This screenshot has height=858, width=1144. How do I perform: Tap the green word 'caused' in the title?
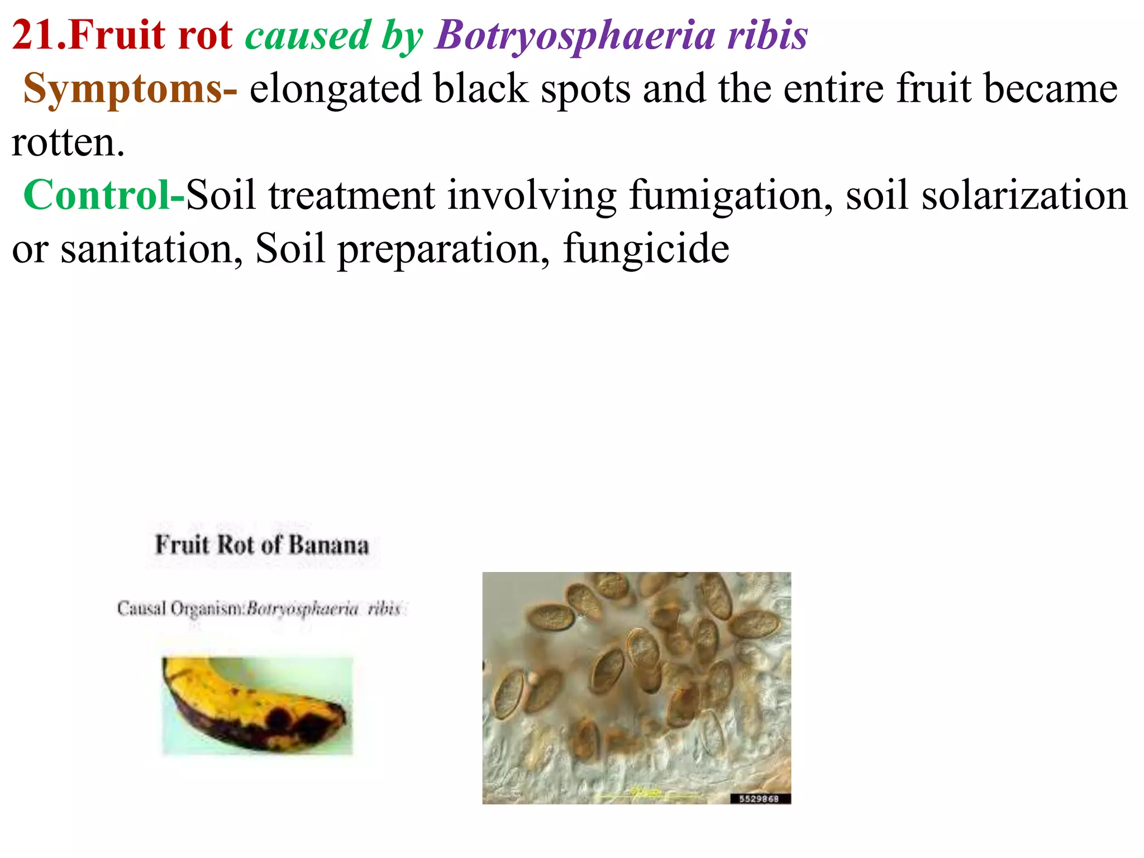[x=308, y=35]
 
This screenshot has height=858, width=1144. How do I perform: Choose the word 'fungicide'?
[x=646, y=249]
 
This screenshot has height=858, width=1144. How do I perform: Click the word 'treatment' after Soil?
[x=351, y=196]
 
